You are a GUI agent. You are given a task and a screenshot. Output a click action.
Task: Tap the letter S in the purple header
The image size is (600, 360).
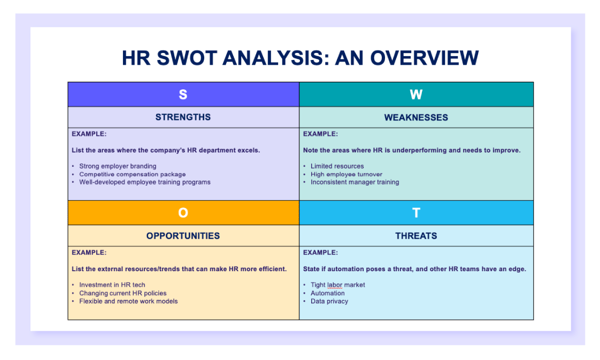pyautogui.click(x=183, y=95)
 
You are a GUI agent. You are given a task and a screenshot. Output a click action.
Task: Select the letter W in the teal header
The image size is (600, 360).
pyautogui.click(x=416, y=95)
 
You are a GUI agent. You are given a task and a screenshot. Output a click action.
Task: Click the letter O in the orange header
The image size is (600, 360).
pyautogui.click(x=183, y=213)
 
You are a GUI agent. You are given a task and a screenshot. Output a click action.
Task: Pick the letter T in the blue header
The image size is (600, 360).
pyautogui.click(x=416, y=213)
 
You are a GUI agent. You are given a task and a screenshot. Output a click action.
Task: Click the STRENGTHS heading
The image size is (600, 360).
pyautogui.click(x=183, y=117)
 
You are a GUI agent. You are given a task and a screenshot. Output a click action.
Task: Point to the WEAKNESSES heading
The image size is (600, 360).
pyautogui.click(x=416, y=118)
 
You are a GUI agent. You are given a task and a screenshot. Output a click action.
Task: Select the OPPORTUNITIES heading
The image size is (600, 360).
pyautogui.click(x=183, y=236)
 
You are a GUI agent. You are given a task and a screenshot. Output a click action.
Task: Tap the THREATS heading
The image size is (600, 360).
pyautogui.click(x=416, y=236)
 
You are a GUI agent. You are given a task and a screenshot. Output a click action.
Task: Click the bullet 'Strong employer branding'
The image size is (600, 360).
pyautogui.click(x=118, y=166)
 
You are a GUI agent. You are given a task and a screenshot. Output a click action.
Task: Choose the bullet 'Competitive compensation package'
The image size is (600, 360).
pyautogui.click(x=132, y=174)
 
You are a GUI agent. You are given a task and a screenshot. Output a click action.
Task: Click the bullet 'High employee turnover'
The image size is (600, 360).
pyautogui.click(x=346, y=174)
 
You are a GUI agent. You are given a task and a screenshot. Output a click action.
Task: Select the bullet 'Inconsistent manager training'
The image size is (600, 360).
pyautogui.click(x=355, y=182)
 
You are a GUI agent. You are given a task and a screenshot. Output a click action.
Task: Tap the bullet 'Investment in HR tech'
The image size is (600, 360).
pyautogui.click(x=112, y=285)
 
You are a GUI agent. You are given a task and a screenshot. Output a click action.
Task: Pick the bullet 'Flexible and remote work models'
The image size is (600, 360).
pyautogui.click(x=128, y=301)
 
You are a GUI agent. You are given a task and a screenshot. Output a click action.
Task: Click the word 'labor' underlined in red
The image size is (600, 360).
pyautogui.click(x=335, y=285)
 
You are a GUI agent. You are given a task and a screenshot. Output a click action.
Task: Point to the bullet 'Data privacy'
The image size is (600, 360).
pyautogui.click(x=329, y=301)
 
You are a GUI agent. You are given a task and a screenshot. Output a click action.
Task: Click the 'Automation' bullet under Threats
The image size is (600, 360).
pyautogui.click(x=327, y=293)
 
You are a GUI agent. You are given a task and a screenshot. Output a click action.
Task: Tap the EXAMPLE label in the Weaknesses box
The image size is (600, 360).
pyautogui.click(x=320, y=134)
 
